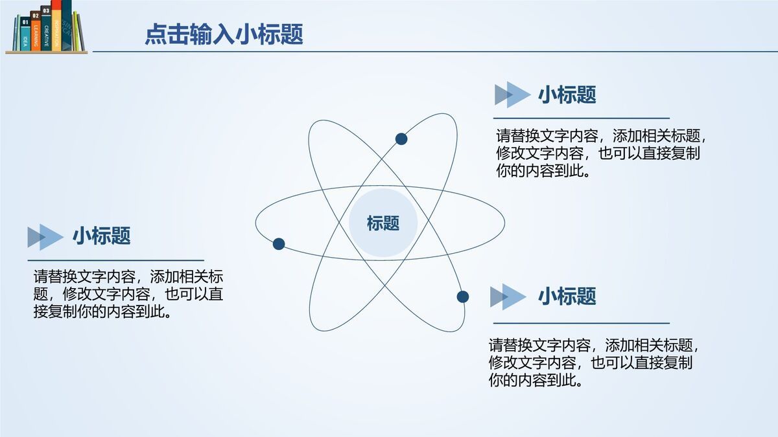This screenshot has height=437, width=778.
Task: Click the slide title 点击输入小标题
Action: [x=224, y=34]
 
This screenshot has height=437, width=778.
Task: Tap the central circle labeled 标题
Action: [x=383, y=223]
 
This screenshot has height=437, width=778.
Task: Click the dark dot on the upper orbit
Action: [x=401, y=139]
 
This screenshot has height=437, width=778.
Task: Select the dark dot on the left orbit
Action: [x=279, y=244]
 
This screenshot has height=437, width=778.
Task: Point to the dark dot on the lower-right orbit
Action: [x=462, y=297]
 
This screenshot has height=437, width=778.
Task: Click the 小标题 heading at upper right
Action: [x=567, y=95]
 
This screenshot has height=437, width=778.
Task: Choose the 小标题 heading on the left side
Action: [x=101, y=236]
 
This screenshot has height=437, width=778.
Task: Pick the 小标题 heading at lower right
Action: [x=567, y=297]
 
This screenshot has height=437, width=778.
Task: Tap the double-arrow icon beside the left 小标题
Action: [x=45, y=237]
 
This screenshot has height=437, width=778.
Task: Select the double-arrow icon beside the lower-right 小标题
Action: [x=508, y=297]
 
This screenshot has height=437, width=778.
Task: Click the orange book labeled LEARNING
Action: [x=36, y=36]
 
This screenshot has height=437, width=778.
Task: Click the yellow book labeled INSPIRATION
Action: [x=56, y=29]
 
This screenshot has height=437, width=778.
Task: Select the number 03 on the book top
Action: [x=45, y=10]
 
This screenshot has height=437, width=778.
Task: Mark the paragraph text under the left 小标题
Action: [x=128, y=295]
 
